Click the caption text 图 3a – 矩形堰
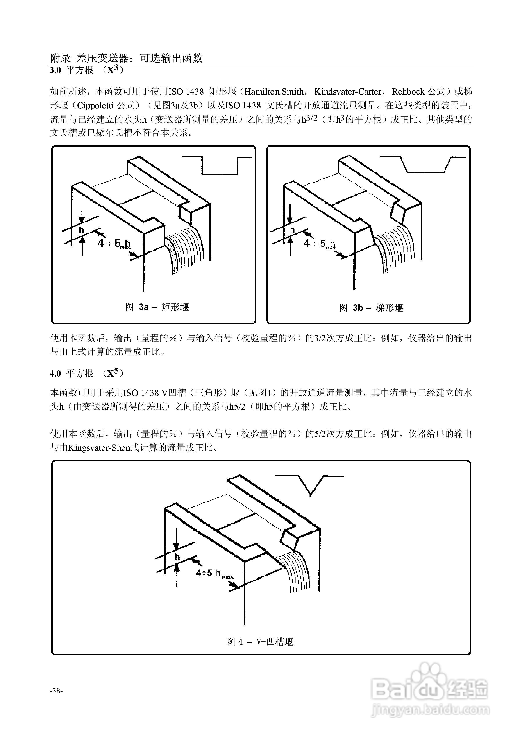(157, 307)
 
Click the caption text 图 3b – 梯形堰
(371, 308)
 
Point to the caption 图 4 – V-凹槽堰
(260, 642)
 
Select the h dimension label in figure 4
(177, 557)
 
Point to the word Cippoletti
(95, 106)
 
